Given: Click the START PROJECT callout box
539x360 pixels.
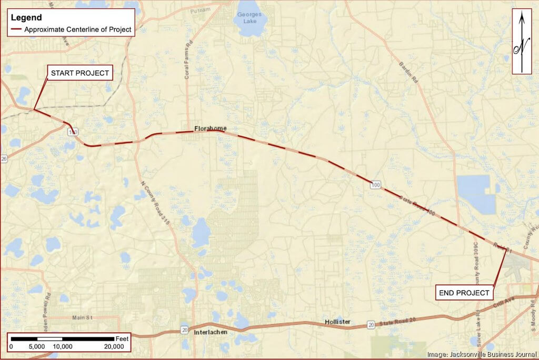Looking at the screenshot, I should pyautogui.click(x=80, y=73).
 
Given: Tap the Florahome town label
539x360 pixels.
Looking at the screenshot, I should pyautogui.click(x=210, y=128).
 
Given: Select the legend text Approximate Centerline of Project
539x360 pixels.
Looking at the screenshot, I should pyautogui.click(x=78, y=29).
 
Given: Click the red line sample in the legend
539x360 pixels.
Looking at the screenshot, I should pyautogui.click(x=16, y=29).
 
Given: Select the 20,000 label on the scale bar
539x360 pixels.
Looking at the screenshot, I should pyautogui.click(x=114, y=347).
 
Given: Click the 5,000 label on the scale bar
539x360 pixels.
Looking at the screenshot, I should pyautogui.click(x=36, y=347).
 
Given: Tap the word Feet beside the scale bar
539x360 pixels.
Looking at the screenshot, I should pyautogui.click(x=122, y=338).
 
